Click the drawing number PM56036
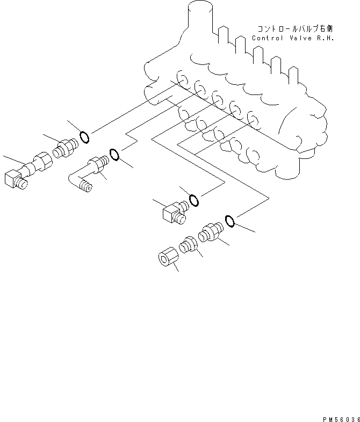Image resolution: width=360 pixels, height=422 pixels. point(340,417)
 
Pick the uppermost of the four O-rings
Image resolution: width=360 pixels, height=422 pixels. point(84,137)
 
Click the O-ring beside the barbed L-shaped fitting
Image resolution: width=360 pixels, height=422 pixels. point(114,155)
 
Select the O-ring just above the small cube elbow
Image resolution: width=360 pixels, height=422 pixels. point(195,200)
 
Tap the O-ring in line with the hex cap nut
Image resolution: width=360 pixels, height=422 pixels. point(229,220)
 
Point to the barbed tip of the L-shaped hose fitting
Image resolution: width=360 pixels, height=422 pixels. point(84,186)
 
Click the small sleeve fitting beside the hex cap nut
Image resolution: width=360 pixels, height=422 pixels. point(190,244)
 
